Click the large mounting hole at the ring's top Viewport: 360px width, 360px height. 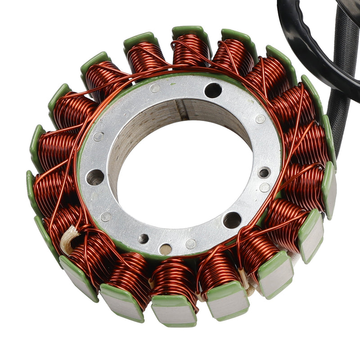point(213,90)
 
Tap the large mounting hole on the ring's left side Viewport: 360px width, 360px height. point(95,177)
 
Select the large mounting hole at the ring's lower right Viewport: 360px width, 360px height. point(232,220)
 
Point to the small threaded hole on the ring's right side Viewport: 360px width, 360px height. point(264,172)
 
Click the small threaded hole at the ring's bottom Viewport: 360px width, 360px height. point(144,238)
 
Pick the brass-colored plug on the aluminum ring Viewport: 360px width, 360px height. point(165,249)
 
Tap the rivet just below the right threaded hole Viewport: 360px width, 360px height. point(265,187)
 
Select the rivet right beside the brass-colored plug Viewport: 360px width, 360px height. point(190,244)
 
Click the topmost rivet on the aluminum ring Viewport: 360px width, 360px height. point(155,88)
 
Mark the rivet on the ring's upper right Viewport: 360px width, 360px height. point(260,119)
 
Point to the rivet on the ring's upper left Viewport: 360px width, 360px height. point(99,136)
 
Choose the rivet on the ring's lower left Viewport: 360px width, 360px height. point(106,216)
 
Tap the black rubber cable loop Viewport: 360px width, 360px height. point(315,49)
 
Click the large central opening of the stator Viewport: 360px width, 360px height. point(180,175)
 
